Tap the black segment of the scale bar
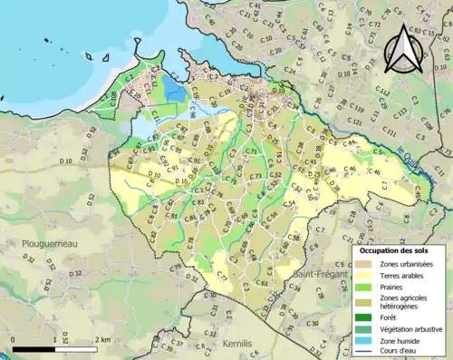click(34, 348)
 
